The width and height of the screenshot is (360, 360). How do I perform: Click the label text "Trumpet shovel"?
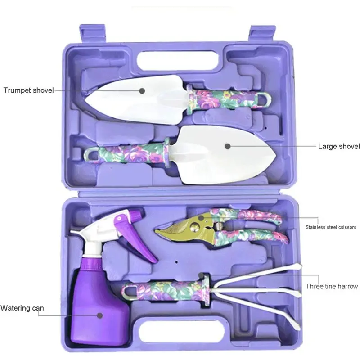click(x=28, y=90)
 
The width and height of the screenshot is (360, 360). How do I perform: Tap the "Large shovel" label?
click(x=339, y=146)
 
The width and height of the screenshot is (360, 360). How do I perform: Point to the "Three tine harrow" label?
click(x=332, y=286)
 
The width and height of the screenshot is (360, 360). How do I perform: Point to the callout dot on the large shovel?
click(x=227, y=146)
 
